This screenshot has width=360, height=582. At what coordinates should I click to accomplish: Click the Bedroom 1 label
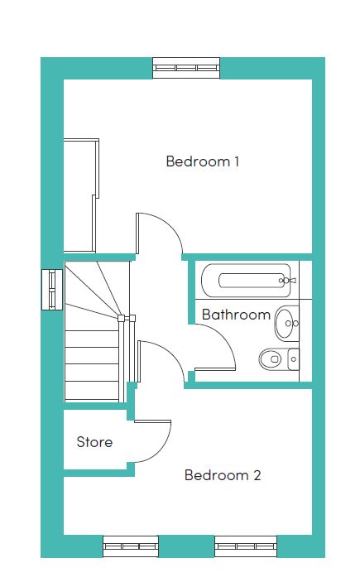202,161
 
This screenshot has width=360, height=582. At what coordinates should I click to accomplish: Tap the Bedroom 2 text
223,475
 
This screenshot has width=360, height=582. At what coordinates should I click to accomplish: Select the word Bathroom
236,315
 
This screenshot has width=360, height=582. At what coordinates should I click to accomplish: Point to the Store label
94,442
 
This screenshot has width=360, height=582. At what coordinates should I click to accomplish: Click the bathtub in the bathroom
247,281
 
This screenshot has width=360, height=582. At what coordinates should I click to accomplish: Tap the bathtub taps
287,280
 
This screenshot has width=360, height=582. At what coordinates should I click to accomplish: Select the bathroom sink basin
286,323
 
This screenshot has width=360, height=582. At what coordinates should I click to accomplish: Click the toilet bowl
270,359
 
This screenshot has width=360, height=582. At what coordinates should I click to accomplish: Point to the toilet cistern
293,359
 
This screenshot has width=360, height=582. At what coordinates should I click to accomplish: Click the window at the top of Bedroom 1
186,68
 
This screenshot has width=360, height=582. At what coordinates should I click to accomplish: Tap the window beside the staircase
52,290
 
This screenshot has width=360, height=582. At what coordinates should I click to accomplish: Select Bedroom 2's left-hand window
131,546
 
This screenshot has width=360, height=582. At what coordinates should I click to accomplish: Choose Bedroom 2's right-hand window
246,546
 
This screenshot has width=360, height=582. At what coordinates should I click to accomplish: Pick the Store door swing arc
163,449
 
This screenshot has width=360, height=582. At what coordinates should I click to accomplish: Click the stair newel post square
121,318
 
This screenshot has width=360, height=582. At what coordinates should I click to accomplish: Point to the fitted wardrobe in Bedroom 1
81,195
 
